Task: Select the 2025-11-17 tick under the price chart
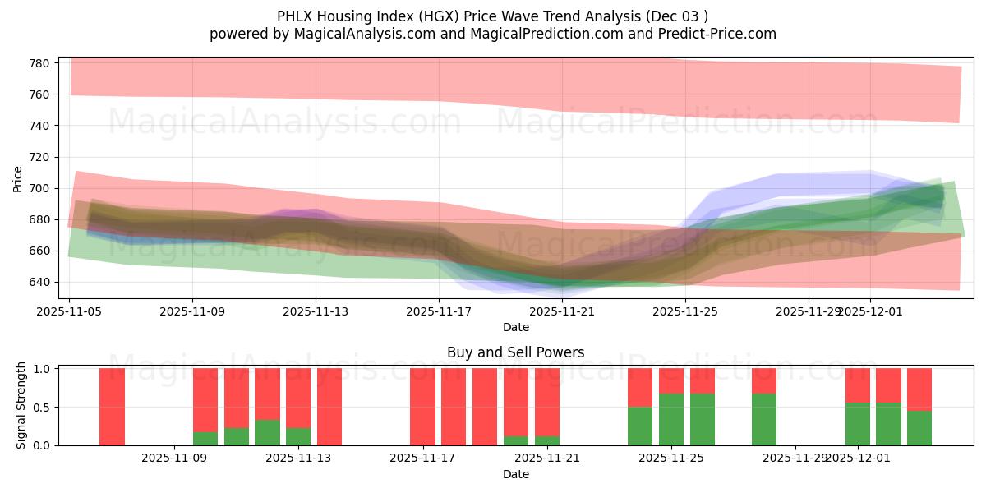pyautogui.click(x=439, y=311)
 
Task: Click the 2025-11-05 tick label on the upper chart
pyautogui.click(x=70, y=311)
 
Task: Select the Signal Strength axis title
pyautogui.click(x=22, y=406)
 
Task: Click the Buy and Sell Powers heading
pyautogui.click(x=515, y=352)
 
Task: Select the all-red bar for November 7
pyautogui.click(x=112, y=407)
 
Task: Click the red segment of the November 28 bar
pyautogui.click(x=764, y=380)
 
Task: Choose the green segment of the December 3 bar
pyautogui.click(x=919, y=427)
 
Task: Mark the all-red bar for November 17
pyautogui.click(x=422, y=407)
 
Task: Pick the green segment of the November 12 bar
pyautogui.click(x=267, y=432)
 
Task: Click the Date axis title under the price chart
pyautogui.click(x=515, y=327)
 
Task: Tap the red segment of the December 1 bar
pyautogui.click(x=858, y=385)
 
